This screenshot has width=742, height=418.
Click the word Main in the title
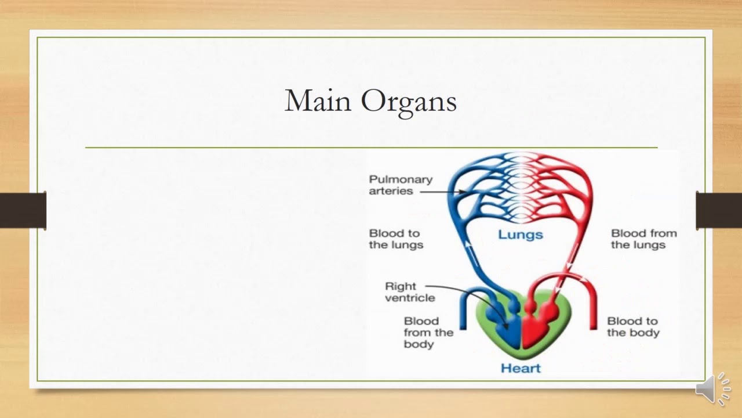click(x=318, y=101)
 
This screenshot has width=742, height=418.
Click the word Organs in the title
click(x=409, y=102)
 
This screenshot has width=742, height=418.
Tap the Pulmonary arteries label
click(x=401, y=185)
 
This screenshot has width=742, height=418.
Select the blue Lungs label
click(x=520, y=235)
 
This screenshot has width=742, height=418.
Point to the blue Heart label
click(x=520, y=368)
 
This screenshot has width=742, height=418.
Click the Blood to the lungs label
click(x=396, y=239)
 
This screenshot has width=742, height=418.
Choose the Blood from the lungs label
click(x=643, y=239)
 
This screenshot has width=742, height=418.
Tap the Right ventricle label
click(x=409, y=292)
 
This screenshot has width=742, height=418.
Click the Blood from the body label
click(x=428, y=333)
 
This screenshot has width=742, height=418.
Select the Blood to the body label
click(x=632, y=327)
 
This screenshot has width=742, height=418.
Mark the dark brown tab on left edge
click(x=23, y=210)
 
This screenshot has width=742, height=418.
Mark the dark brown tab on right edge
click(x=719, y=210)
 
